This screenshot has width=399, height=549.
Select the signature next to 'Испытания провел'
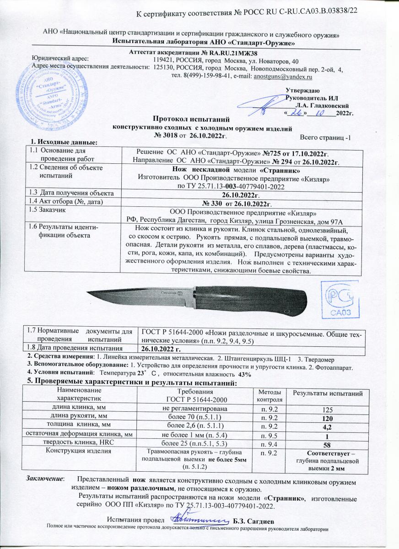pos(199,517)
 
